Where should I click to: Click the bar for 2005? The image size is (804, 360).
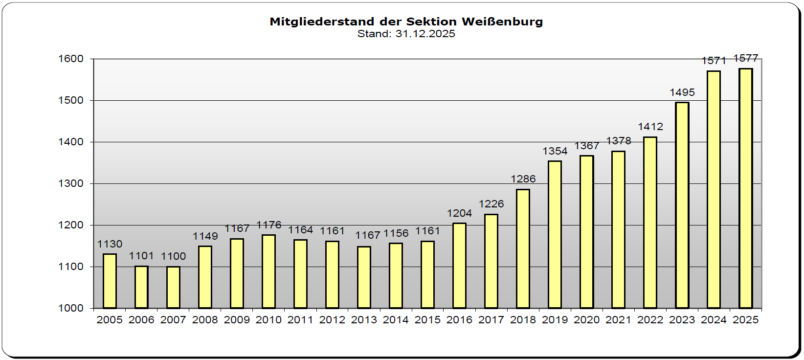[x=110, y=281]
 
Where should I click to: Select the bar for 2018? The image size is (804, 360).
[x=523, y=248]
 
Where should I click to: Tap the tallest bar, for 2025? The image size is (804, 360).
[x=745, y=188]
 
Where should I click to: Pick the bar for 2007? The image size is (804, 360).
[x=173, y=288]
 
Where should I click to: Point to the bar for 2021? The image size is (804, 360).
[x=618, y=229]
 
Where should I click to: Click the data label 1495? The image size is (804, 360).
[x=682, y=92]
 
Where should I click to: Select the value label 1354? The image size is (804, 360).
[x=555, y=151]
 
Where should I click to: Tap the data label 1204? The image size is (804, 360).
[x=459, y=213]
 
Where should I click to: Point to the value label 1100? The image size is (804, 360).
[x=173, y=256]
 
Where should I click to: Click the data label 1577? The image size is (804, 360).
[x=745, y=58]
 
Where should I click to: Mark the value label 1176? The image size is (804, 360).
[x=269, y=225]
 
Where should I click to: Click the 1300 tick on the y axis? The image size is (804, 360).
[x=71, y=183]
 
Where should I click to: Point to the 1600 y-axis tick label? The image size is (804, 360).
[x=71, y=59]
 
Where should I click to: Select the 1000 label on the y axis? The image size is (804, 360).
[x=71, y=308]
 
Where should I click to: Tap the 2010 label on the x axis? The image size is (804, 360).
[x=269, y=320]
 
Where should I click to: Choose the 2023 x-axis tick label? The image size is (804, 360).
[x=682, y=320]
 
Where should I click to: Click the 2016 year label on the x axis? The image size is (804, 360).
[x=459, y=320]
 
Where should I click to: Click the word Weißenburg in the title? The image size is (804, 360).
[x=502, y=22]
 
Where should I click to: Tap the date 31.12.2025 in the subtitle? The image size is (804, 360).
[x=425, y=34]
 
